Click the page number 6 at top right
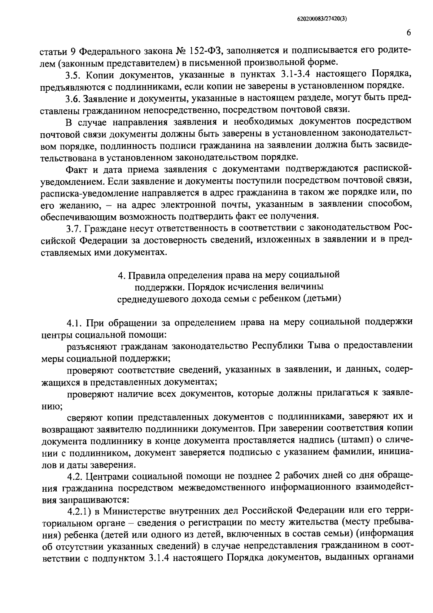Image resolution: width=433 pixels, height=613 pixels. [409, 33]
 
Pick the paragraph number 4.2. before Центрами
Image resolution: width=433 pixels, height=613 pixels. [75, 476]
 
